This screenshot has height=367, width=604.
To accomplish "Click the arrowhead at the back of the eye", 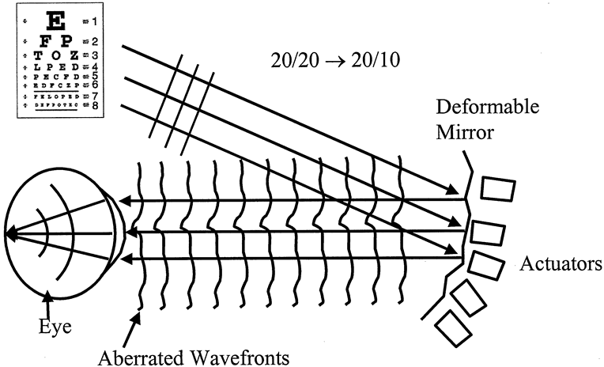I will (x=10, y=233).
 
